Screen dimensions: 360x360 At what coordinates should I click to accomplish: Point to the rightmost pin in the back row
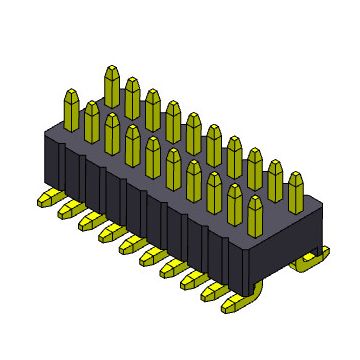296,190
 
